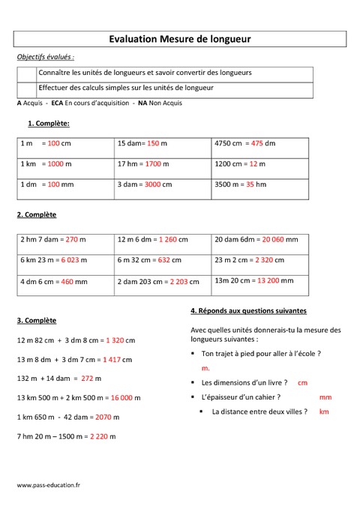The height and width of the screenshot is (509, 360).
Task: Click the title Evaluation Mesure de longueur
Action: pyautogui.click(x=180, y=38)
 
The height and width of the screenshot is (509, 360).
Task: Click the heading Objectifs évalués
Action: pyautogui.click(x=46, y=57)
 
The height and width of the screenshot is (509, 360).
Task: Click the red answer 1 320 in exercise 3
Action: pyautogui.click(x=115, y=340)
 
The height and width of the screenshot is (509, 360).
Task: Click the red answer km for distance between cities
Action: pyautogui.click(x=324, y=412)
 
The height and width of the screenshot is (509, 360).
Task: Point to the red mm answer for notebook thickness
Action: pyautogui.click(x=325, y=397)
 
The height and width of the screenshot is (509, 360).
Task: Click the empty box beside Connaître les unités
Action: pyautogui.click(x=26, y=73)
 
